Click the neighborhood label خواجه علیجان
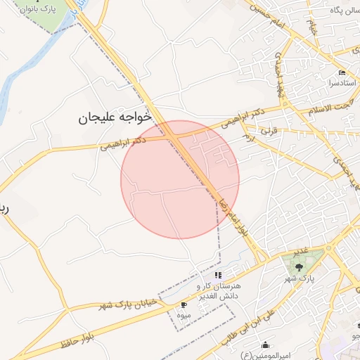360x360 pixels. click(115, 118)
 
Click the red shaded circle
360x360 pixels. click(180, 179)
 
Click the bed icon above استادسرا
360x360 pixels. click(342, 73)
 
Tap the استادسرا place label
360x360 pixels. click(341, 83)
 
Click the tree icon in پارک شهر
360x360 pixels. click(300, 266)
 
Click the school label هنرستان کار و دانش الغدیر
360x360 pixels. click(218, 292)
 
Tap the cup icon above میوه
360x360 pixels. click(184, 304)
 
